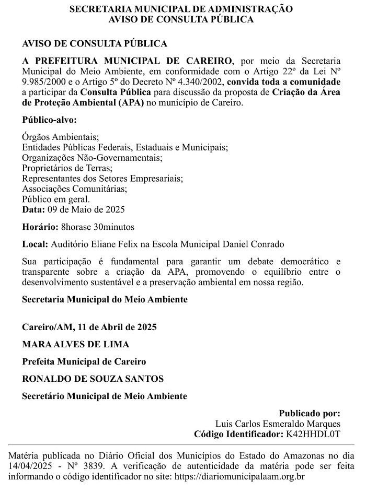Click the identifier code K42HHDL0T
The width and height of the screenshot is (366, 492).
point(312,434)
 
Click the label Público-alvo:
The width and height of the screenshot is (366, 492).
point(49,120)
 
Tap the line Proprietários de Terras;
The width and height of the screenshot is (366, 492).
point(67,168)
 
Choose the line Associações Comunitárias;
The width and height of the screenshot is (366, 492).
point(74,189)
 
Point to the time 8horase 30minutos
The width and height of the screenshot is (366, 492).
point(98,227)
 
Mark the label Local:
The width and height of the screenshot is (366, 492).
point(35,244)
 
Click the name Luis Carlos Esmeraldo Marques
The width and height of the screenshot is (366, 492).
point(278,423)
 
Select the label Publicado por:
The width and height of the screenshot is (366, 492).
point(310,413)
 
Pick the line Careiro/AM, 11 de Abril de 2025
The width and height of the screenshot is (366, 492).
point(89,327)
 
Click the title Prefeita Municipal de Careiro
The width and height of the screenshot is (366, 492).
point(84,361)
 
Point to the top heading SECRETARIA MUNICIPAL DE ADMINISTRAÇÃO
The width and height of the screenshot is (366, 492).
point(181,9)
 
